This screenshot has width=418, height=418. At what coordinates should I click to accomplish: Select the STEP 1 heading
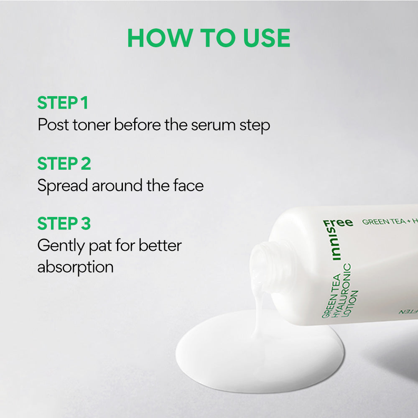63,103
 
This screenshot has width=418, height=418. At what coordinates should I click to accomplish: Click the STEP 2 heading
64,163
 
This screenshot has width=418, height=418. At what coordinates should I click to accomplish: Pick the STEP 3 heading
64,224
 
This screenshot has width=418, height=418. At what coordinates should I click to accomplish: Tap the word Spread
62,186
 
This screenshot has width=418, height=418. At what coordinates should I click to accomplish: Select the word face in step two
188,185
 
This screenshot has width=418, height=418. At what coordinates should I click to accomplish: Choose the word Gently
61,246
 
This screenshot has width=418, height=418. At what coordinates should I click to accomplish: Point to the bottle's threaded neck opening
264,265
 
